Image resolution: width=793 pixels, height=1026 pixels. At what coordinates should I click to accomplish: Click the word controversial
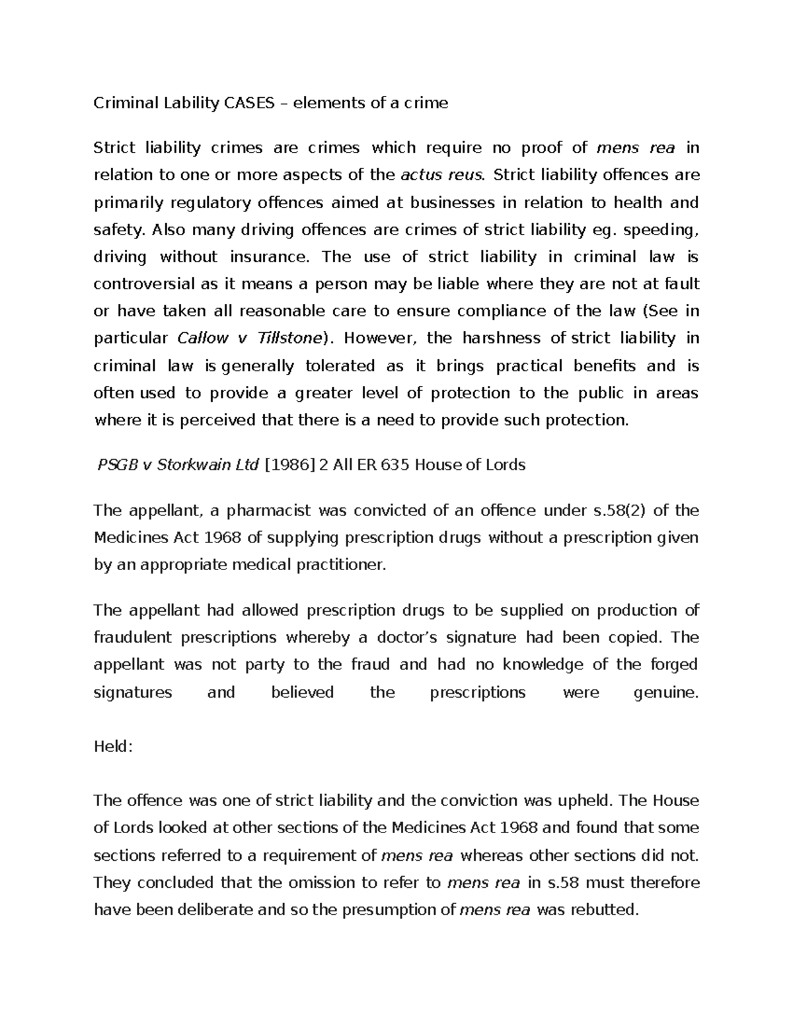click(x=145, y=284)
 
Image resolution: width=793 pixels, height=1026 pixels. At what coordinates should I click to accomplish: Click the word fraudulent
click(x=133, y=638)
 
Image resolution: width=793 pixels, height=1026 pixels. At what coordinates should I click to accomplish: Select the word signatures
click(x=133, y=692)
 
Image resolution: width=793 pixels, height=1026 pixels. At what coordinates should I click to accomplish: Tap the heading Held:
click(x=114, y=747)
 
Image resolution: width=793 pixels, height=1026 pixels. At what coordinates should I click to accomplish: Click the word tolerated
click(x=333, y=366)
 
